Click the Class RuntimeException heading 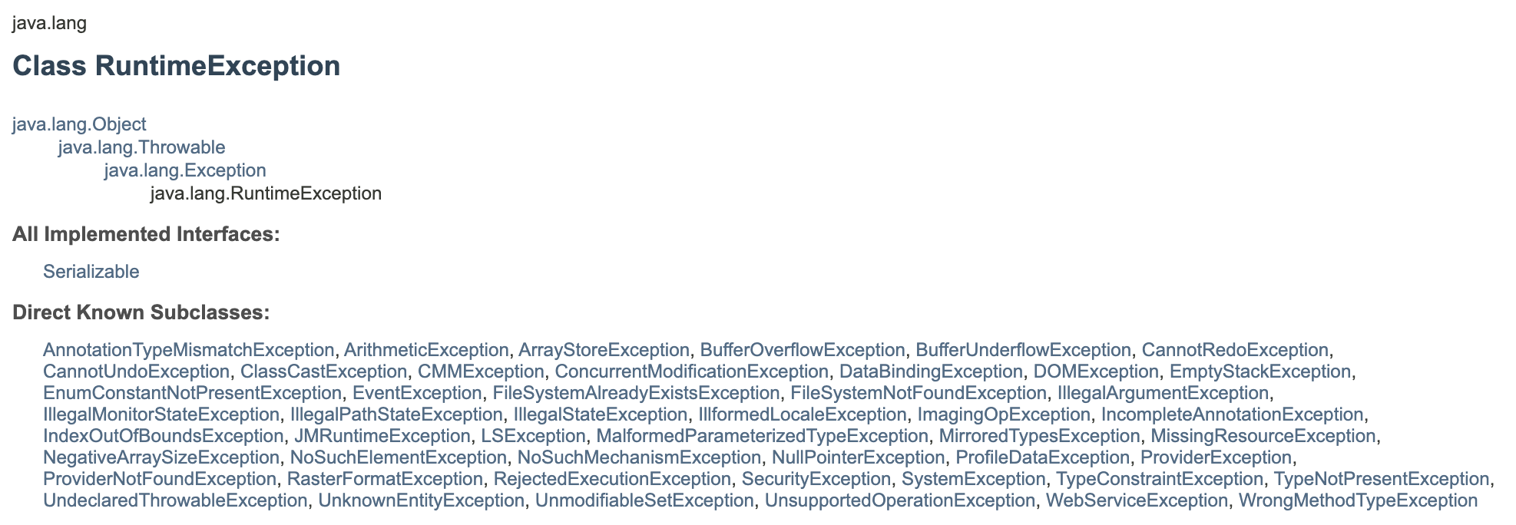tap(176, 66)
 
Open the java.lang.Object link tap(79, 124)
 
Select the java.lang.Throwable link tap(141, 147)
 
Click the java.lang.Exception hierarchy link tap(185, 170)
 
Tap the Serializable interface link tap(91, 272)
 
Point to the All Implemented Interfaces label tap(146, 234)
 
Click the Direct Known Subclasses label tap(141, 312)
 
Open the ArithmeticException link tap(426, 350)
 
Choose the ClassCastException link tap(323, 371)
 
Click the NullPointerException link tap(858, 457)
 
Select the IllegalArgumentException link tap(1163, 393)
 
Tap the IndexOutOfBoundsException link tap(163, 436)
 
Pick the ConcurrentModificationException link tap(691, 371)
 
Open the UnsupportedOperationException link tap(899, 500)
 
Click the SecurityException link tap(816, 479)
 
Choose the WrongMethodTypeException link tap(1358, 500)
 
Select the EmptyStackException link tap(1259, 371)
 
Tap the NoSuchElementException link tap(398, 457)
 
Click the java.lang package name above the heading tap(49, 23)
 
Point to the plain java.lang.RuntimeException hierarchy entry tap(266, 193)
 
